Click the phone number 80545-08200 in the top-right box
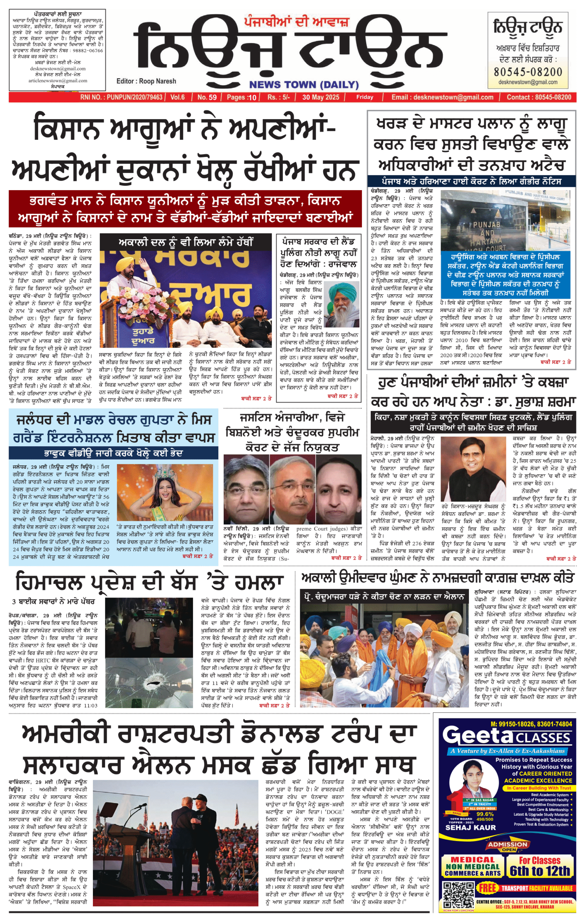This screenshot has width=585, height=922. tap(528, 72)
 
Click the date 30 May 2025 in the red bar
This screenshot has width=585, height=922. tap(321, 97)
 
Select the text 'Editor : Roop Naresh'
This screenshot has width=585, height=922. tap(146, 81)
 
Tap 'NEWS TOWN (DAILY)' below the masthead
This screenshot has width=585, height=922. tap(304, 85)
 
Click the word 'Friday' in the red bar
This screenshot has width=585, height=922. tap(365, 97)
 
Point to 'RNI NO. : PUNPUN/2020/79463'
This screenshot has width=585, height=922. tap(121, 97)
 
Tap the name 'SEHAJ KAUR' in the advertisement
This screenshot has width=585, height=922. tap(470, 827)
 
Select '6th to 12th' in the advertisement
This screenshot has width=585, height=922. tap(540, 871)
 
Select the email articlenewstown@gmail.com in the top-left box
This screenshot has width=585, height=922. tap(58, 81)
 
